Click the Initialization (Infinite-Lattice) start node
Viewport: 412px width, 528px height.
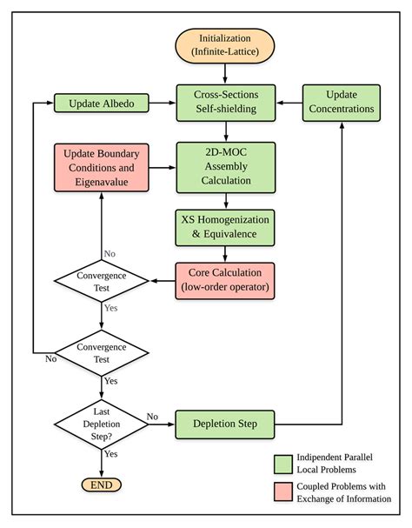[x=226, y=45]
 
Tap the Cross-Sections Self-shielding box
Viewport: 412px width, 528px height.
[x=226, y=103]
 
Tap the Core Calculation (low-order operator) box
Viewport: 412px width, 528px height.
[x=226, y=280]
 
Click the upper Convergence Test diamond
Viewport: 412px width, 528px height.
[x=102, y=280]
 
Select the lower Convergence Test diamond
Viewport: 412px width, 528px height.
[x=102, y=352]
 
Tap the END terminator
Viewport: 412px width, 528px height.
[x=102, y=485]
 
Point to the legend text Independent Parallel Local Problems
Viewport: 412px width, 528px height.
[x=335, y=462]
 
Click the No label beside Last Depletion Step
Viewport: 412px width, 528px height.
[x=154, y=416]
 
